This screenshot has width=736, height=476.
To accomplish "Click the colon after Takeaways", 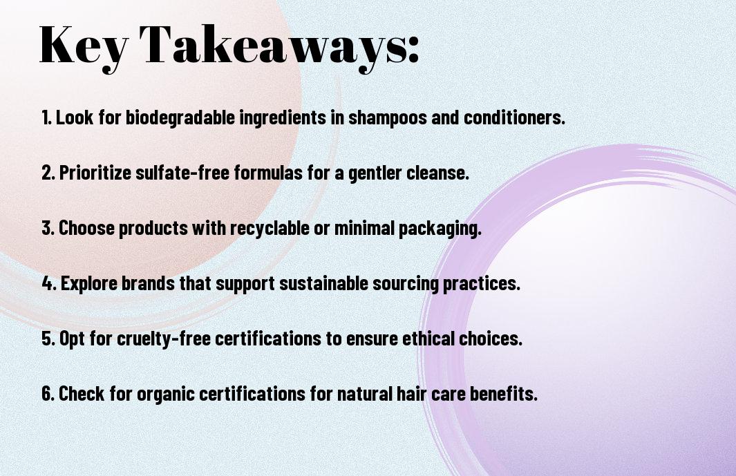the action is point(413,49).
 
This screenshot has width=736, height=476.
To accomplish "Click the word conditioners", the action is point(514,117).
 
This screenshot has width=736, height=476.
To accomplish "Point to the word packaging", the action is point(440,229).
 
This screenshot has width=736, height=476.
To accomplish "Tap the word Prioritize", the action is point(95,173).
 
